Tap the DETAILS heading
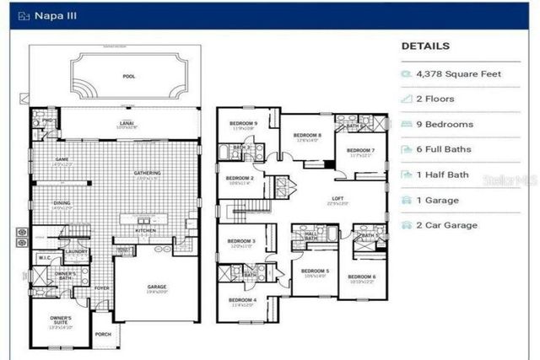(x=425, y=46)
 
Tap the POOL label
(x=128, y=76)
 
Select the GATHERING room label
(x=147, y=173)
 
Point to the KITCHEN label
(x=145, y=230)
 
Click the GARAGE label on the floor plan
(x=157, y=287)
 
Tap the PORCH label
(x=103, y=334)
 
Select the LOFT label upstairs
(x=337, y=198)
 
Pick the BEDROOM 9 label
(x=243, y=124)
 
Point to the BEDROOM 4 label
(x=243, y=300)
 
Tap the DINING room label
(x=62, y=202)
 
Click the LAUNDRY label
(x=77, y=251)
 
